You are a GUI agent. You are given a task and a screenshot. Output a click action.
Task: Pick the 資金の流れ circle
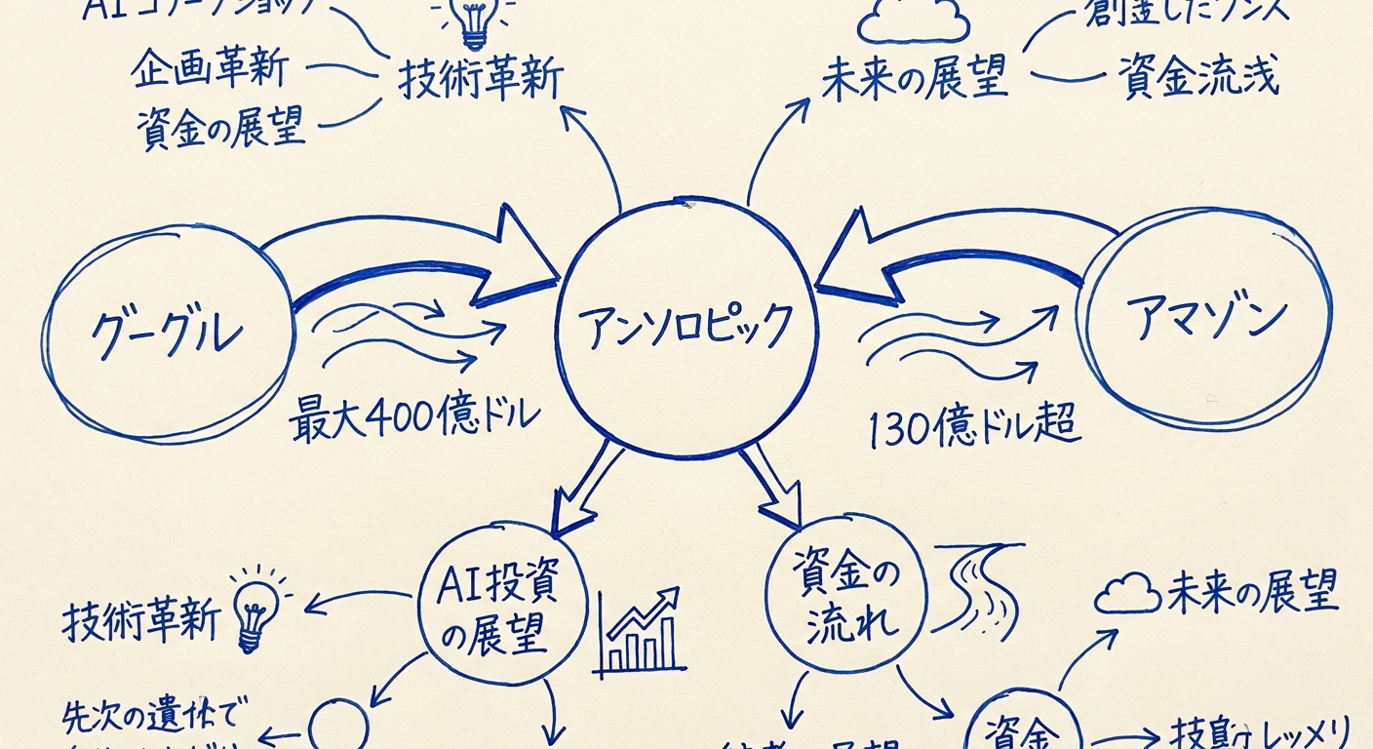click(x=844, y=601)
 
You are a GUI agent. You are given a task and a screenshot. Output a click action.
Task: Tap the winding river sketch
click(x=981, y=591)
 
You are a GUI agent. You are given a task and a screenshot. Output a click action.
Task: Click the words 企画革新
click(x=209, y=70)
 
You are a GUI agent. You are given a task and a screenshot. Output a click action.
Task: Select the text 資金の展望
click(x=220, y=127)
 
